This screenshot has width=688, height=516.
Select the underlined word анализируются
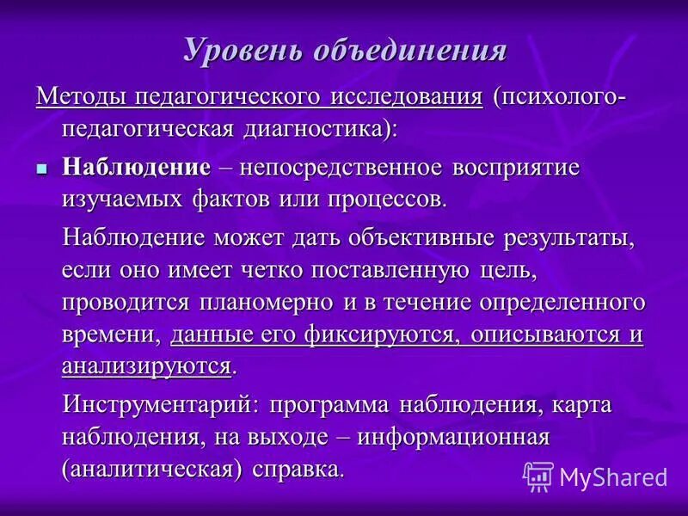tap(146, 366)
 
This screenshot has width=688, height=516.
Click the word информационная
tap(453, 437)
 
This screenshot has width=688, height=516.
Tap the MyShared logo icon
tap(538, 476)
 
